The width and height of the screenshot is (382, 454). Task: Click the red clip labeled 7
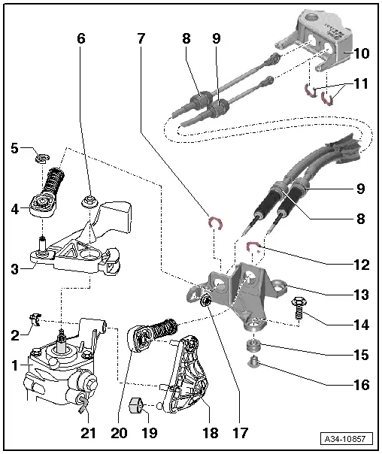pyautogui.click(x=215, y=222)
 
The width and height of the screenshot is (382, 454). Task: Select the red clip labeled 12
pyautogui.click(x=254, y=245)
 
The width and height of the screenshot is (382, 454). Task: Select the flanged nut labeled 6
pyautogui.click(x=88, y=201)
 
